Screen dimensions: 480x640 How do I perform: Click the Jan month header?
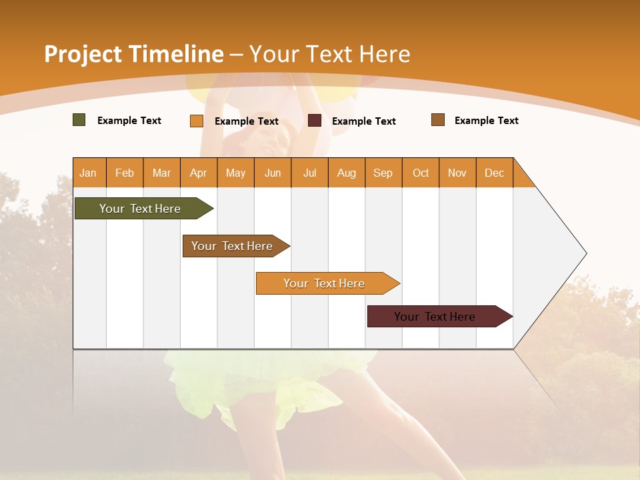(89, 173)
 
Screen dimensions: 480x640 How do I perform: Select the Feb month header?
(125, 173)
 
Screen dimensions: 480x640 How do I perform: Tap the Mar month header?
(161, 173)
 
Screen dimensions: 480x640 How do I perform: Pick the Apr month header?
(199, 173)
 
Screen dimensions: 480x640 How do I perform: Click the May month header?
(235, 173)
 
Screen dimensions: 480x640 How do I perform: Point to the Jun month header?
(273, 173)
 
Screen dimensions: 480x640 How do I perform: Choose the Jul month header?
(309, 173)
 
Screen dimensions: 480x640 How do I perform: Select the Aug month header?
(347, 173)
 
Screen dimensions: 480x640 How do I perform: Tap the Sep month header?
(383, 173)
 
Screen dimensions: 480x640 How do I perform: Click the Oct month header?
(421, 173)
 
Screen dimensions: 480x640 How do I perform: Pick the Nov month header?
(457, 173)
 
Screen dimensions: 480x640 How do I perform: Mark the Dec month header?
(495, 173)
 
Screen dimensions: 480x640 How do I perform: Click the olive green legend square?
(79, 120)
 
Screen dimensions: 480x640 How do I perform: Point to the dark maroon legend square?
(315, 121)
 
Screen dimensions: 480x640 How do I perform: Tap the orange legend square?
(197, 121)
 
